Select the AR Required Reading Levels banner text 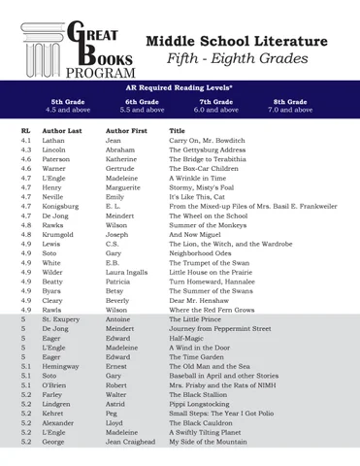tap(180, 88)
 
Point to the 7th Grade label tap(218, 101)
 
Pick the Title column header tap(178, 130)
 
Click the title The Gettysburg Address tap(208, 150)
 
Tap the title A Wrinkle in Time tap(200, 179)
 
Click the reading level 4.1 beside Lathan tap(26, 141)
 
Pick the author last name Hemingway tap(65, 365)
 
